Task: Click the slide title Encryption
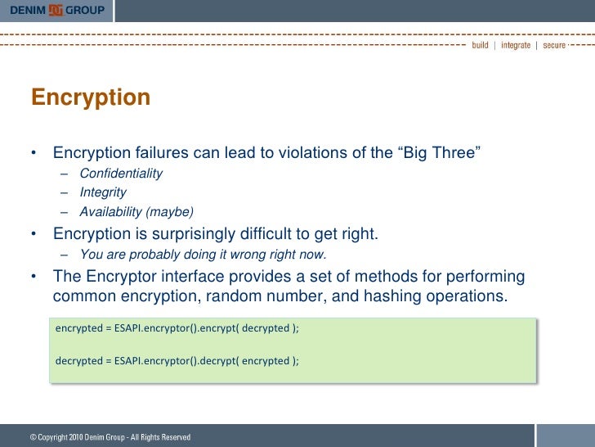(x=91, y=97)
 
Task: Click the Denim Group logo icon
(x=56, y=10)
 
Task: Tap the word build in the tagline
(x=480, y=45)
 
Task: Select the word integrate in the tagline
(x=515, y=45)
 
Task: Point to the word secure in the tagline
(x=553, y=45)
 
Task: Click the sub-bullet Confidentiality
(x=121, y=174)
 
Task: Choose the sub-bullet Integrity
(x=103, y=192)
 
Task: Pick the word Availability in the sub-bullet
(x=111, y=212)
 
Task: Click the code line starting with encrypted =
(x=177, y=328)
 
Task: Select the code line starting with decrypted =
(x=177, y=360)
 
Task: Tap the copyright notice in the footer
(x=110, y=438)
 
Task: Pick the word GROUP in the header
(x=85, y=10)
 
